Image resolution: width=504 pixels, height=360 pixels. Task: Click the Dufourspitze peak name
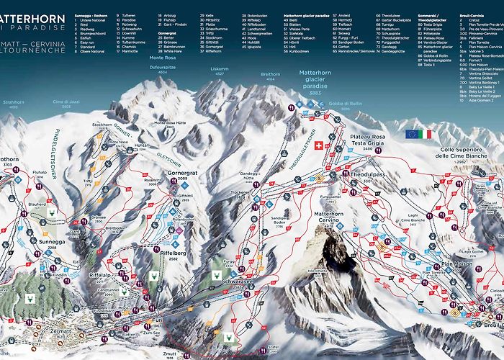pos(163,68)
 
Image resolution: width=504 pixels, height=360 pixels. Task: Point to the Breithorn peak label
pos(271,75)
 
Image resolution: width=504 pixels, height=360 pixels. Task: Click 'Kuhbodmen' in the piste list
pos(300,53)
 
